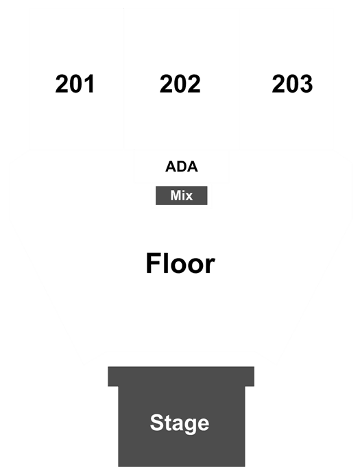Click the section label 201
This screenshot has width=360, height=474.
[75, 84]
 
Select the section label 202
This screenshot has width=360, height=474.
[180, 84]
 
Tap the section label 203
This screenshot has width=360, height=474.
[292, 84]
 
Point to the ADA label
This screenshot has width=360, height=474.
[181, 167]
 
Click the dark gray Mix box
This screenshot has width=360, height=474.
[181, 195]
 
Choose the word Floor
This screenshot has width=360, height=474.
[180, 263]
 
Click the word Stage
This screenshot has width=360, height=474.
[180, 423]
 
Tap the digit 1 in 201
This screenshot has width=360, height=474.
[89, 84]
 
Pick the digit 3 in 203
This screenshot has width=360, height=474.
[306, 84]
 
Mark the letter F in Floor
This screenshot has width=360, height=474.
[153, 263]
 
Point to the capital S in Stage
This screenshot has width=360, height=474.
[157, 423]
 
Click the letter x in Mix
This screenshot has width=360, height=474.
[189, 197]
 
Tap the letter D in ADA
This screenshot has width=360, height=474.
[181, 167]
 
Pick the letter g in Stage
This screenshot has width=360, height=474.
[190, 425]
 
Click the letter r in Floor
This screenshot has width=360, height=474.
[211, 266]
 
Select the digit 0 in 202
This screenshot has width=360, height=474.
[180, 84]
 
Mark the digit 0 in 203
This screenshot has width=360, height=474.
[292, 84]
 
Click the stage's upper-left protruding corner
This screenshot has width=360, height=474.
[108, 367]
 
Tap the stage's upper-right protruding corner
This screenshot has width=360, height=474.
[254, 367]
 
